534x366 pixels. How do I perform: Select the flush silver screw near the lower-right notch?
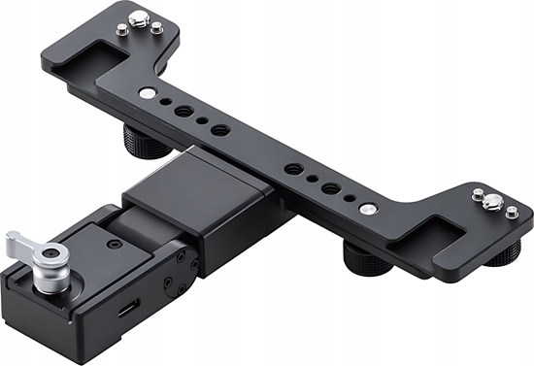click(368, 208)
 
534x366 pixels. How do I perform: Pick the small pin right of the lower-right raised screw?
click(512, 213)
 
